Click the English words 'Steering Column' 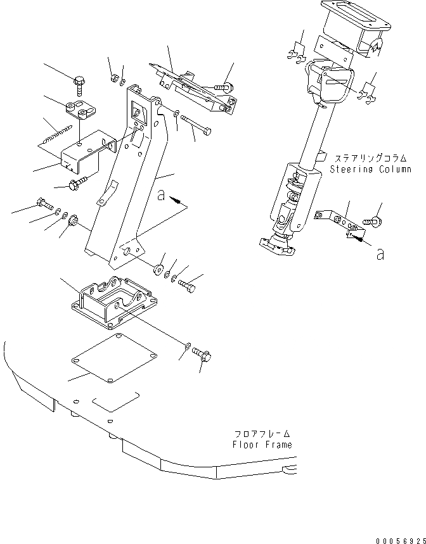[x=370, y=169]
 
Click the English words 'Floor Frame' [x=262, y=444]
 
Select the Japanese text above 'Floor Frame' [x=262, y=434]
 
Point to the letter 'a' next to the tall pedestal [x=162, y=196]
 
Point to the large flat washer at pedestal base [x=157, y=267]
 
